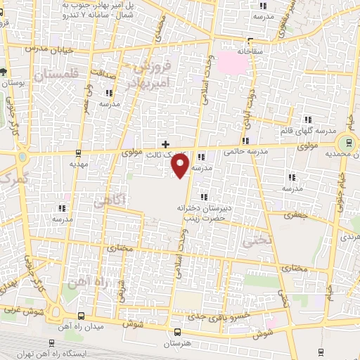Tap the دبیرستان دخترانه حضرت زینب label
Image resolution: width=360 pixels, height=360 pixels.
tap(205, 212)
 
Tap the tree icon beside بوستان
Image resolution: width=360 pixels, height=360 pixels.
tap(4, 72)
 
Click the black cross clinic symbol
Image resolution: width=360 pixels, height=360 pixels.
tap(165, 143)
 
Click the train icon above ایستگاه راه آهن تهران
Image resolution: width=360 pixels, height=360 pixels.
tap(82, 316)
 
